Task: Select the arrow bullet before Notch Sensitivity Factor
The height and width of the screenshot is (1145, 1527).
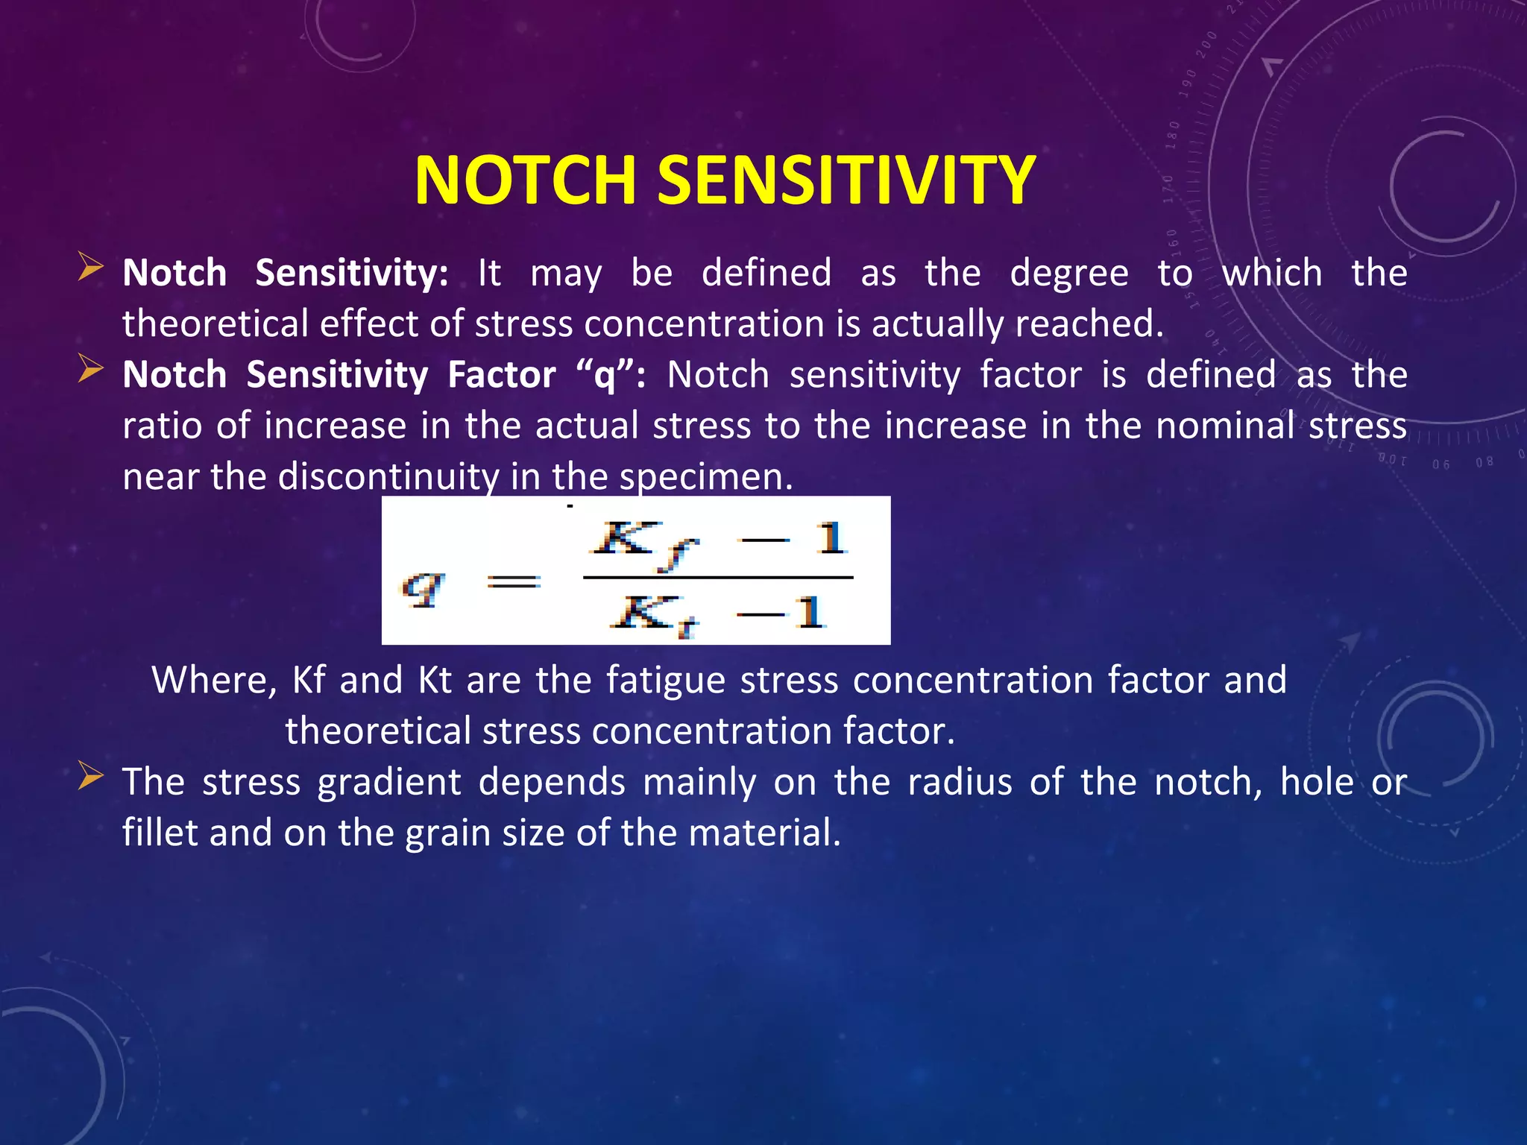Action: click(90, 369)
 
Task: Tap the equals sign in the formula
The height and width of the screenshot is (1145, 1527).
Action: click(513, 582)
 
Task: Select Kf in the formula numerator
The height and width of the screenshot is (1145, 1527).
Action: click(644, 543)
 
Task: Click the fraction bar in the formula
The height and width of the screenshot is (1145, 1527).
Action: click(717, 577)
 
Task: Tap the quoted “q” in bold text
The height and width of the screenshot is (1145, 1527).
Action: click(605, 375)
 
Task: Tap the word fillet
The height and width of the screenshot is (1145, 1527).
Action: click(160, 833)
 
